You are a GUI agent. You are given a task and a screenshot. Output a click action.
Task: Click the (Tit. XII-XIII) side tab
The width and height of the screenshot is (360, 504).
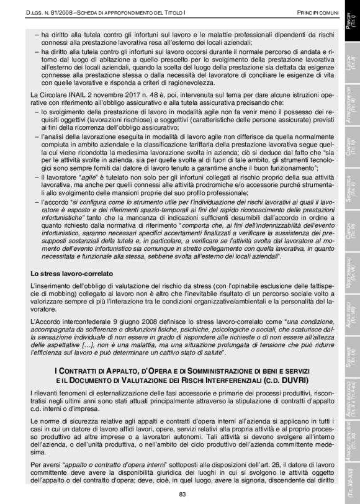[x=351, y=475]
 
